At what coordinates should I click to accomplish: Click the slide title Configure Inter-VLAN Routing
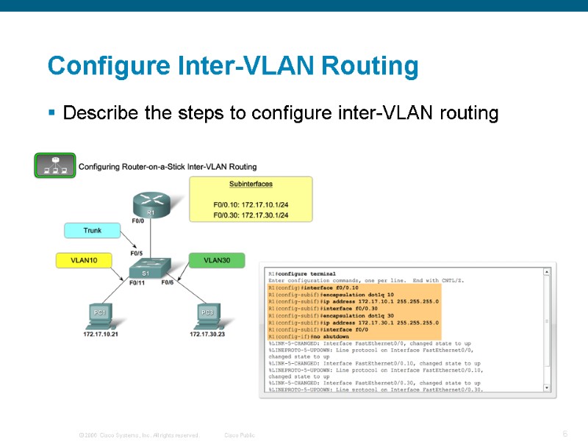(x=233, y=66)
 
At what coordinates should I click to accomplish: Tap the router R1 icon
(x=150, y=204)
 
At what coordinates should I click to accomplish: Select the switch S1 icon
(x=150, y=270)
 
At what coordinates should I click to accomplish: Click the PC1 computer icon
(x=99, y=315)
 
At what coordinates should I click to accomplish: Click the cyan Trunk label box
(x=93, y=231)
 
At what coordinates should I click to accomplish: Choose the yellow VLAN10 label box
(x=86, y=260)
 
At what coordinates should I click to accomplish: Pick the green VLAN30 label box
(x=218, y=260)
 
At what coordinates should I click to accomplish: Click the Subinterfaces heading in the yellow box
(x=251, y=184)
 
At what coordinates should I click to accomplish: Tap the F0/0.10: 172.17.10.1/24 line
(x=251, y=204)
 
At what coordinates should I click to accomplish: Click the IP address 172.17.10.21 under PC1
(x=101, y=334)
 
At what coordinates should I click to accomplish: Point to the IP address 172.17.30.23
(x=208, y=334)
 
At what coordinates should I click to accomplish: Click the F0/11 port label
(x=137, y=282)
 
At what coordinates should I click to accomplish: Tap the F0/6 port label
(x=168, y=282)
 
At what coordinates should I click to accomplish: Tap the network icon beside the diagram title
(x=56, y=165)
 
